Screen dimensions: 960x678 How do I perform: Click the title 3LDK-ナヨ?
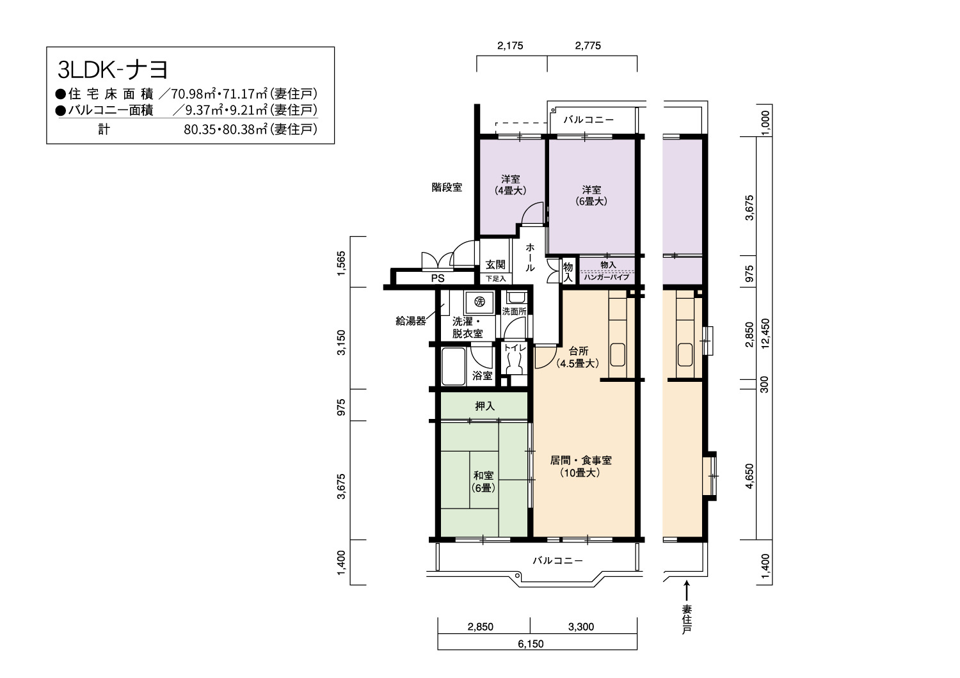pyautogui.click(x=113, y=70)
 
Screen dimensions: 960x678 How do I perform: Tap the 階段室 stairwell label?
pyautogui.click(x=447, y=187)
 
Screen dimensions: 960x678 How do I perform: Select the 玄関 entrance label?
pyautogui.click(x=495, y=264)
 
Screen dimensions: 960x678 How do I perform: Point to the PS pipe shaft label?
pyautogui.click(x=438, y=278)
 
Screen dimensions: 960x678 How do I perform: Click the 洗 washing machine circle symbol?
pyautogui.click(x=479, y=302)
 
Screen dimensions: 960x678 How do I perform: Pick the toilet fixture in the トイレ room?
pyautogui.click(x=514, y=364)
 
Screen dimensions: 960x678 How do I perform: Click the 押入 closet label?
pyautogui.click(x=484, y=406)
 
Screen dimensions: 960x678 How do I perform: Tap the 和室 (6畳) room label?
pyautogui.click(x=483, y=482)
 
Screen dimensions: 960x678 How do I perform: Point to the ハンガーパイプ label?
pyautogui.click(x=607, y=277)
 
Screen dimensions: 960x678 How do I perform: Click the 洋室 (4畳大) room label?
pyautogui.click(x=511, y=185)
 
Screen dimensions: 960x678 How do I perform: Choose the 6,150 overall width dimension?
pyautogui.click(x=531, y=643)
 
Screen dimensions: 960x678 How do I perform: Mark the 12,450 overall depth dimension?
pyautogui.click(x=765, y=334)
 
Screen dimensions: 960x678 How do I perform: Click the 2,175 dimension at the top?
pyautogui.click(x=511, y=46)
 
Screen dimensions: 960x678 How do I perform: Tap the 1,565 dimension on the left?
pyautogui.click(x=341, y=264)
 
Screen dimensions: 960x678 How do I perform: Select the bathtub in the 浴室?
pyautogui.click(x=453, y=367)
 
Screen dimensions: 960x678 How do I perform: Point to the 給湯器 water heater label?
pyautogui.click(x=411, y=321)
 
